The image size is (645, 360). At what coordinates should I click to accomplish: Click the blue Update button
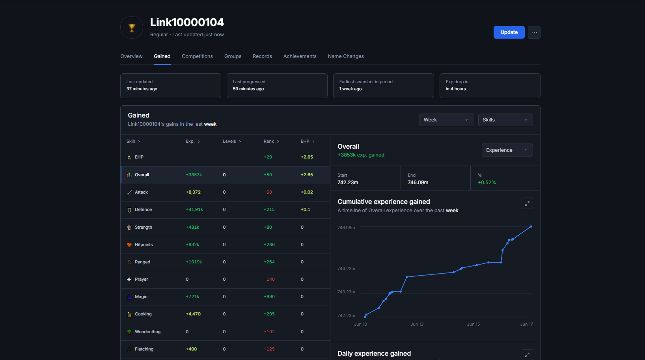coord(509,32)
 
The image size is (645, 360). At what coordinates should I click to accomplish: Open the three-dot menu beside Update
coord(534,32)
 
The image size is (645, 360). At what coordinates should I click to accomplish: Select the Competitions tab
coord(197,56)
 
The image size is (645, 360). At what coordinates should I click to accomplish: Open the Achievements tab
coord(300,56)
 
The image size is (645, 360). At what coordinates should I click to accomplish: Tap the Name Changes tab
coord(346,56)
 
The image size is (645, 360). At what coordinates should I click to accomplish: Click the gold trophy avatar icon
coord(132,28)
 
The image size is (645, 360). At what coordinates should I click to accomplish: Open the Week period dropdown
coord(447,120)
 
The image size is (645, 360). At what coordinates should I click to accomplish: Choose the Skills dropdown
coord(505,120)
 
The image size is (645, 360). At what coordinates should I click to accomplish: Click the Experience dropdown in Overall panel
coord(507,150)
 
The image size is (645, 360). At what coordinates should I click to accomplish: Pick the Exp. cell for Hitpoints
coord(192,244)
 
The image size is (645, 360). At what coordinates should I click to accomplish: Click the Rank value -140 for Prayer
coord(269,279)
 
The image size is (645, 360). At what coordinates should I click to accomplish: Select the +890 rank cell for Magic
coord(269,297)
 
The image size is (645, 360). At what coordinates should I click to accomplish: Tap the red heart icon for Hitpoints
coord(129,244)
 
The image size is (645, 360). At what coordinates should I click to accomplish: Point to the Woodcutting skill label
coord(148,332)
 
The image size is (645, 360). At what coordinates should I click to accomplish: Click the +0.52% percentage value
coord(487,182)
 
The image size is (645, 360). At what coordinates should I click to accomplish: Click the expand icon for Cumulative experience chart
coord(527,203)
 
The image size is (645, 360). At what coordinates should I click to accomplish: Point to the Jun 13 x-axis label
coord(417,324)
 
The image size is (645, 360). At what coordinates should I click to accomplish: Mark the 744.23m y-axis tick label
coord(346,269)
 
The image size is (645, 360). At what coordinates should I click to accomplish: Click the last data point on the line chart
coord(531,227)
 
